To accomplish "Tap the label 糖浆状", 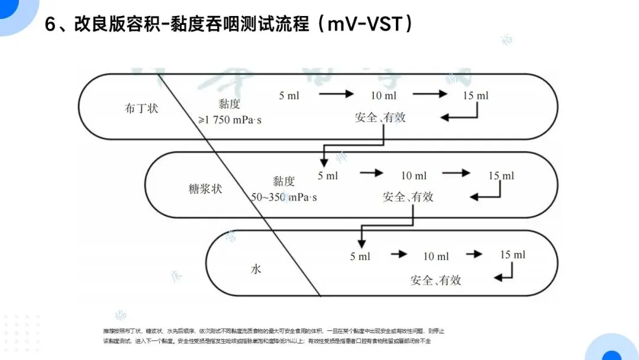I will pos(205,190).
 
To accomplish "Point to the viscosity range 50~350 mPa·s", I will pos(284,197).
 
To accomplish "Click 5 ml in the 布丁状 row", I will pos(289,95).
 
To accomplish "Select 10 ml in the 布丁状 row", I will pos(383,95).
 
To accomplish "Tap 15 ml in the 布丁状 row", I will pos(476,95).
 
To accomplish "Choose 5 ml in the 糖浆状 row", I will pos(328,176).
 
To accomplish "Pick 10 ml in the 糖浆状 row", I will pos(414,176).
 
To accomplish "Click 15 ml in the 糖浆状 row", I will pos(501,176).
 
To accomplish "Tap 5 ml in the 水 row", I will pos(360,256).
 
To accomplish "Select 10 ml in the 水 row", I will pos(436,256).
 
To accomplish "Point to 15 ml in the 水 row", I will pos(512,255).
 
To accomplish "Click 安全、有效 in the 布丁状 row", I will pos(380,117).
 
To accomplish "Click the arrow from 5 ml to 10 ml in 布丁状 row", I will pos(335,94).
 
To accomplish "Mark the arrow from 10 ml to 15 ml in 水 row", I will pos(474,255).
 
